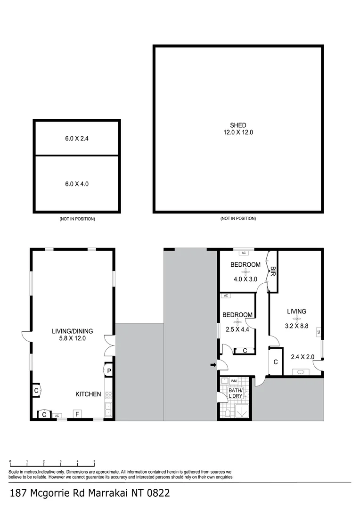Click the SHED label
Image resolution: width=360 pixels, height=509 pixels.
tap(238, 125)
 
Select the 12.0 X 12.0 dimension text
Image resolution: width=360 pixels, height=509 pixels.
tap(238, 132)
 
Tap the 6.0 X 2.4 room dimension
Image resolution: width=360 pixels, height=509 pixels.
tap(76, 139)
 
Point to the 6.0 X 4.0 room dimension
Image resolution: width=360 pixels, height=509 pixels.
tap(76, 184)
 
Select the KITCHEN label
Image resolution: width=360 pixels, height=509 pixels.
tap(88, 394)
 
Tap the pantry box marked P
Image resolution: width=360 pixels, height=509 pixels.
tap(108, 371)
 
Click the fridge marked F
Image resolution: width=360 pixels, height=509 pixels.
tap(76, 414)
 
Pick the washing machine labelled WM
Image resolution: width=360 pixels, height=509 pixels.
tap(234, 380)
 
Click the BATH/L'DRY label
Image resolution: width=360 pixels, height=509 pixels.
tap(235, 393)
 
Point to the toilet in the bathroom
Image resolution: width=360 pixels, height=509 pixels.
tap(228, 413)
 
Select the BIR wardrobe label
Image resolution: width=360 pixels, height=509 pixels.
tap(272, 270)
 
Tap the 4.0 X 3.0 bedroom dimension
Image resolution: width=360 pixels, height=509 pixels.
tap(245, 279)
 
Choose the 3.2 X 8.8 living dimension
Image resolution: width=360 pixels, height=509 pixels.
tap(297, 325)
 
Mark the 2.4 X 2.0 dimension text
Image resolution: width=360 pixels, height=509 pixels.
tap(302, 357)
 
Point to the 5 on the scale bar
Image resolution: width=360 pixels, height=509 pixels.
tap(94, 461)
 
